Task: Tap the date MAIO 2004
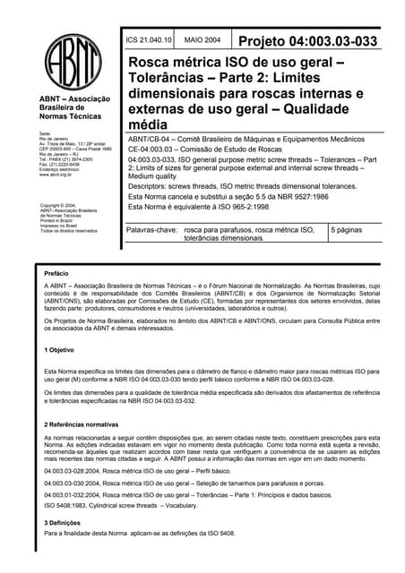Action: coord(202,41)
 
